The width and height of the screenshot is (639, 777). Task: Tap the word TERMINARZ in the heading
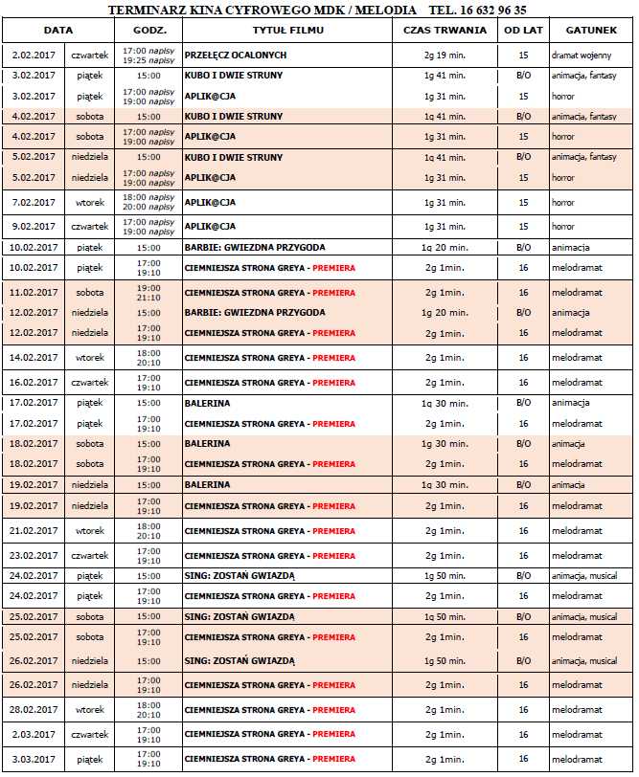pos(147,10)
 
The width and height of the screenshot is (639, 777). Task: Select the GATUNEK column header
pos(584,31)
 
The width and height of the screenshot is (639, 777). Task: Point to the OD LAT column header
pos(523,31)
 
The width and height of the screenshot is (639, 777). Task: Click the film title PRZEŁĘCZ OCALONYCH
pos(236,55)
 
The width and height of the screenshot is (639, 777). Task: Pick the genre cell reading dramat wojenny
pos(581,55)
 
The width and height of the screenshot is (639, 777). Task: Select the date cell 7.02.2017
pos(34,203)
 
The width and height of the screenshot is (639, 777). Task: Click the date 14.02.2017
pos(34,358)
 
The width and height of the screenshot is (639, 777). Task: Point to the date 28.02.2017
pos(34,709)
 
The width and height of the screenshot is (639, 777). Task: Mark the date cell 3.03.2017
pos(34,759)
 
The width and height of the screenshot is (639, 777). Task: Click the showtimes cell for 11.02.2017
pos(148,292)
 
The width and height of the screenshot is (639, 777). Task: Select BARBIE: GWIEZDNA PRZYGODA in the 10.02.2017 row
pos(254,246)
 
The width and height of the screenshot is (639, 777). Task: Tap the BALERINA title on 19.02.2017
pos(208,485)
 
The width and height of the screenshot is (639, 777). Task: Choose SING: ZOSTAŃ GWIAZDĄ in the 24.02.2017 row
pos(240,575)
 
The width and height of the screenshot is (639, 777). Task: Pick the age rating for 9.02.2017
pos(523,227)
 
